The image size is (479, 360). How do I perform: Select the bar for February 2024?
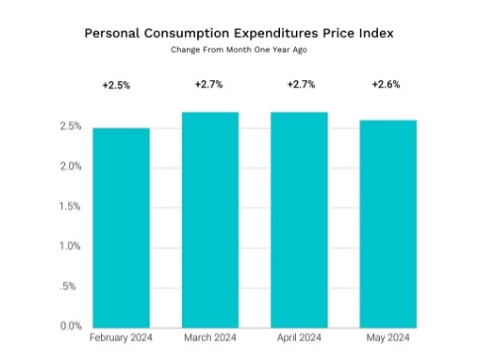[121, 227]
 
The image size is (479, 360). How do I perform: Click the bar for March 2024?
[211, 220]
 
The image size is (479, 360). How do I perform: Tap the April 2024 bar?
[299, 220]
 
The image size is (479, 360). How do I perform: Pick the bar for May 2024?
[388, 224]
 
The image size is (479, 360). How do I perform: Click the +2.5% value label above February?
[116, 86]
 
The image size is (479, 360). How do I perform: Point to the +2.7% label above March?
[209, 86]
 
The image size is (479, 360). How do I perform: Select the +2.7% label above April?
[300, 86]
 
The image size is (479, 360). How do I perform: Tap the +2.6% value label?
[386, 86]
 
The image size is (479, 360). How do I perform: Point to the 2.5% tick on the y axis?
[70, 127]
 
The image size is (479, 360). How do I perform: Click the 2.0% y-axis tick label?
[70, 166]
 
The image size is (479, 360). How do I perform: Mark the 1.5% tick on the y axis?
[70, 206]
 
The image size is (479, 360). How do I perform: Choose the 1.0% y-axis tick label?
[70, 246]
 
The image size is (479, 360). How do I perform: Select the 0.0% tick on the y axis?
[70, 325]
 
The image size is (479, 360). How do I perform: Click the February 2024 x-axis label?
[121, 338]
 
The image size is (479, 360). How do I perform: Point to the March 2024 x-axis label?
[211, 338]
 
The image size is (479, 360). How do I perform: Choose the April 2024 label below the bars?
[299, 338]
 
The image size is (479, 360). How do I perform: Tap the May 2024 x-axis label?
[388, 338]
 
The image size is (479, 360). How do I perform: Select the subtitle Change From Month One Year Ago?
[239, 49]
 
